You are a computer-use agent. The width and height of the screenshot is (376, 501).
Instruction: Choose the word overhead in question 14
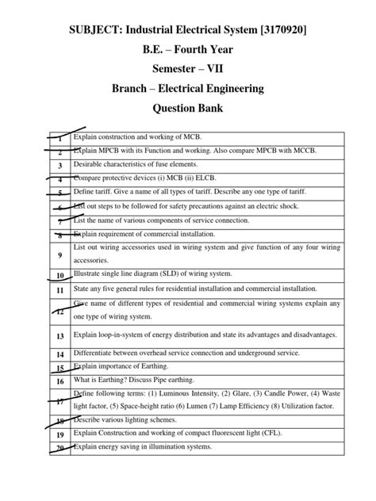(156, 353)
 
